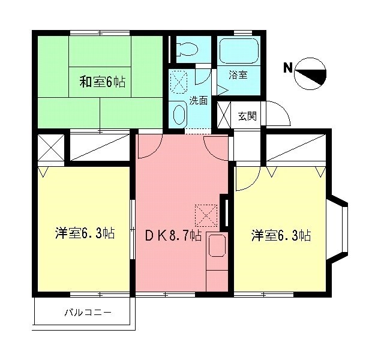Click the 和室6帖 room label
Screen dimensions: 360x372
coord(103,82)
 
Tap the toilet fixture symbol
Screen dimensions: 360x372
coord(188,49)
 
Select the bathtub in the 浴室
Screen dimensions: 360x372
coord(238,51)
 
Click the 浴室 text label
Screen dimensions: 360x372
coord(238,75)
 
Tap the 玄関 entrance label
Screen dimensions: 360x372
coord(247,116)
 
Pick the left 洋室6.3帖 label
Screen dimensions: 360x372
coord(85,233)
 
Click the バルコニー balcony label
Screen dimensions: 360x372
coord(88,313)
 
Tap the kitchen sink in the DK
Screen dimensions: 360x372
coord(217,246)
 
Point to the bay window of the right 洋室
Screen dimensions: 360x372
coord(337,230)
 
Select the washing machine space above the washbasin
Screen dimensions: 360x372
coord(179,80)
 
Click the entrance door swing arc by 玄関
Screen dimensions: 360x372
coord(277,114)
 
